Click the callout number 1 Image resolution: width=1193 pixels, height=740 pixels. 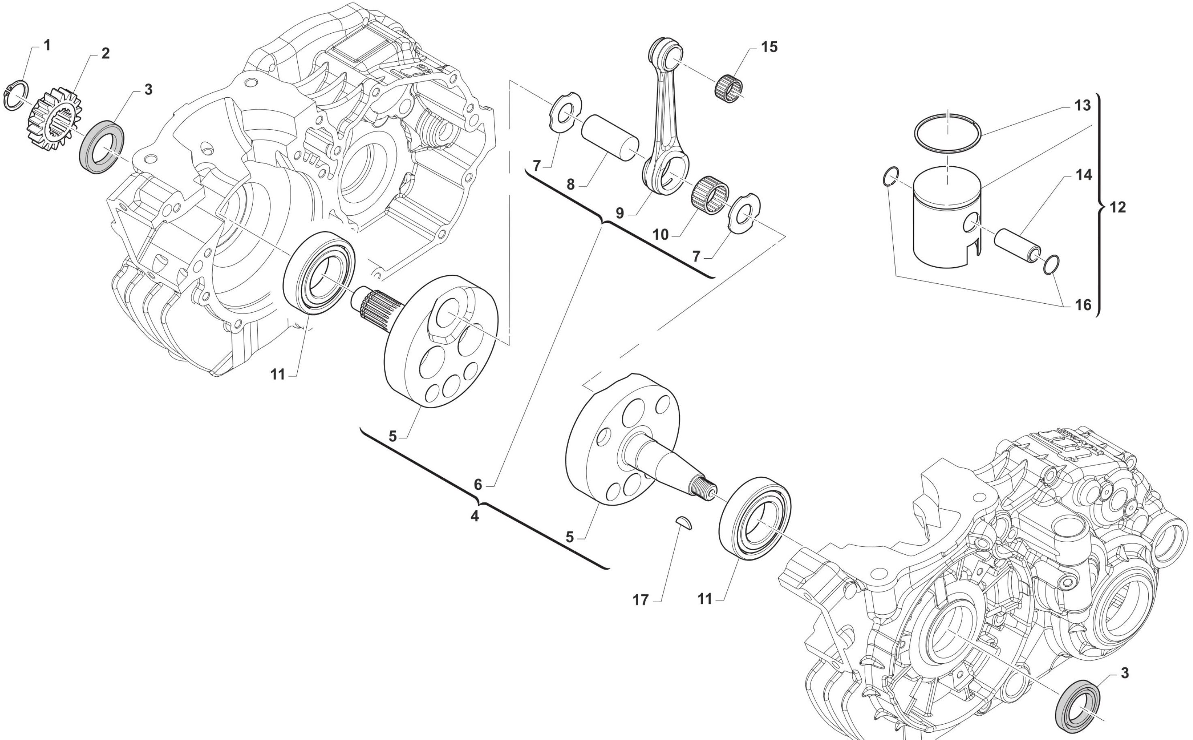coord(47,45)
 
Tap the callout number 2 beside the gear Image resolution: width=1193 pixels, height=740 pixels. coord(105,54)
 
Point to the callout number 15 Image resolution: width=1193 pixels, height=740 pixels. coord(769,47)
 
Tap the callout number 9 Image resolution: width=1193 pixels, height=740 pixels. coord(620,213)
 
